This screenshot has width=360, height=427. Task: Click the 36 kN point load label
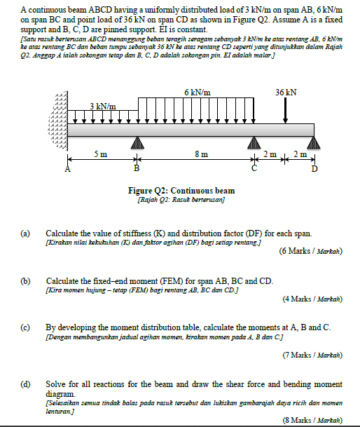click(286, 92)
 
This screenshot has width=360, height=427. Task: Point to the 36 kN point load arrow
click(286, 109)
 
